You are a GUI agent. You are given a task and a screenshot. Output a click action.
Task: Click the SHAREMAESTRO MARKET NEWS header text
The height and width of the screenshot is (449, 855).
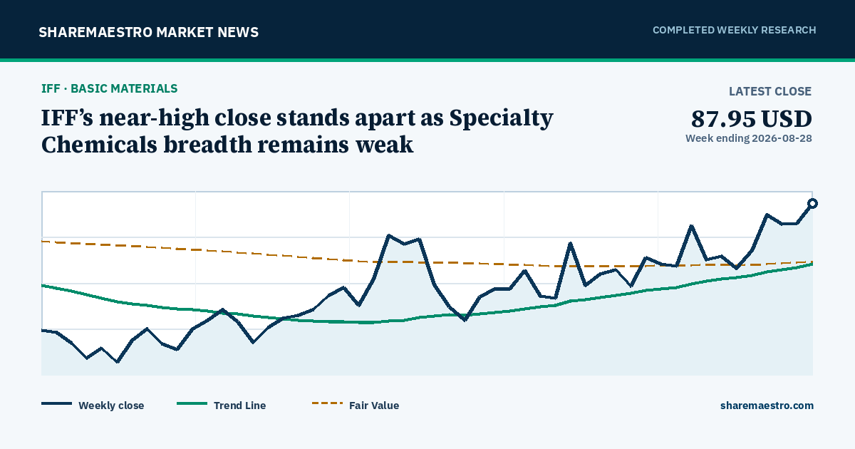point(148,32)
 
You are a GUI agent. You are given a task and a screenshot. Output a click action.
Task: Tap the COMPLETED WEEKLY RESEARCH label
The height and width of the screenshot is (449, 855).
point(734,30)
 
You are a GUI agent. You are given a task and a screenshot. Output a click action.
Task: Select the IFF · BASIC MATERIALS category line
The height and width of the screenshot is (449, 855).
point(110,88)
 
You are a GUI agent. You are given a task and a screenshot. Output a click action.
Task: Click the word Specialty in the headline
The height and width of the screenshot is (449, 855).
point(501,118)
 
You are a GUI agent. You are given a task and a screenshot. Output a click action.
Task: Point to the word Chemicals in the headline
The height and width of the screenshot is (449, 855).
point(99,145)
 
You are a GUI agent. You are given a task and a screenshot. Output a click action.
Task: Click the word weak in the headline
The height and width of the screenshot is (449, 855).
point(384,145)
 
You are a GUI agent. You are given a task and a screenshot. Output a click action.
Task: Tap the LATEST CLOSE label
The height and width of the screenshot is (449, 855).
point(770,91)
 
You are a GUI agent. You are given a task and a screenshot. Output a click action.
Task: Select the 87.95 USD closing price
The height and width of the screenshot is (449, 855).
point(751,119)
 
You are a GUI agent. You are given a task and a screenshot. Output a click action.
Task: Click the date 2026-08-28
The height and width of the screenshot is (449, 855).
point(782,138)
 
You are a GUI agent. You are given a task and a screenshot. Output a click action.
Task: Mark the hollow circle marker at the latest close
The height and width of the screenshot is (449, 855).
point(813,204)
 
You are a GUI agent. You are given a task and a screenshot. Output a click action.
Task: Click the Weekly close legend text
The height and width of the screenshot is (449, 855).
point(111,406)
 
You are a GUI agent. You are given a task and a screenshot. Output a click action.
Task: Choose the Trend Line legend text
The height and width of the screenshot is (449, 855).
point(239,406)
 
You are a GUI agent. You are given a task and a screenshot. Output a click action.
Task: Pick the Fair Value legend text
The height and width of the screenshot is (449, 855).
point(374,406)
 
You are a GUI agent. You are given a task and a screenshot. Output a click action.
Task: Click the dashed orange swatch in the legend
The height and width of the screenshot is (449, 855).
point(327,403)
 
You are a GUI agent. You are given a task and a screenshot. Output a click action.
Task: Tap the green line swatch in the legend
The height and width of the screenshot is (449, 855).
point(192,403)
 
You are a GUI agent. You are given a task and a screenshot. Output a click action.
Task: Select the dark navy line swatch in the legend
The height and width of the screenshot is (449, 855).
point(56,403)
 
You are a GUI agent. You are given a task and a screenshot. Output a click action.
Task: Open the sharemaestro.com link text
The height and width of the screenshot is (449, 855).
point(767,406)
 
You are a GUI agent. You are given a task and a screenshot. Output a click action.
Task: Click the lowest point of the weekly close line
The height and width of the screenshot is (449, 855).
point(117,361)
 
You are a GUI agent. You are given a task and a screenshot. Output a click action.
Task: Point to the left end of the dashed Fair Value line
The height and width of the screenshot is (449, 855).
point(42,242)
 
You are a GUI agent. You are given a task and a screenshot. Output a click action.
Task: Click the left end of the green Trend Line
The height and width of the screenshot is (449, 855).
point(42,285)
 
